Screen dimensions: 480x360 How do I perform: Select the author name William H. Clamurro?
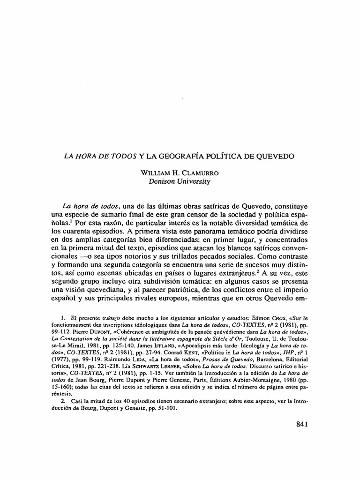tap(180, 172)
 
